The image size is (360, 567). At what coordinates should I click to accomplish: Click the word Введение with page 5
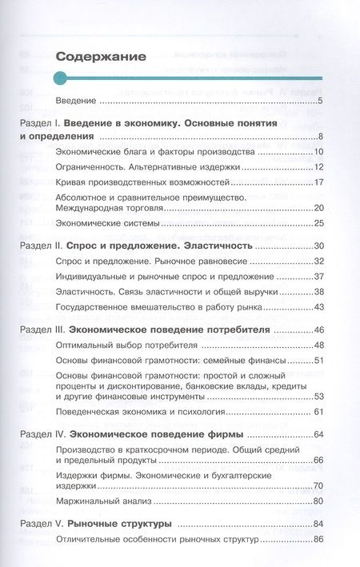76,102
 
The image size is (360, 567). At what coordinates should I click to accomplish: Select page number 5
319,102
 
